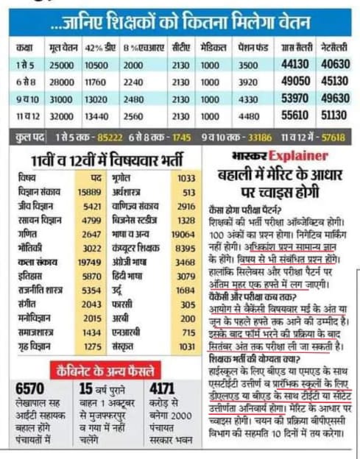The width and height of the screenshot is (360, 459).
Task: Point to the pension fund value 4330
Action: (x=250, y=99)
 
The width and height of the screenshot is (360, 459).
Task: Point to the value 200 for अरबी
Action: (x=187, y=319)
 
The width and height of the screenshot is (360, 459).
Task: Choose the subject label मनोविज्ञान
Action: (x=35, y=319)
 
